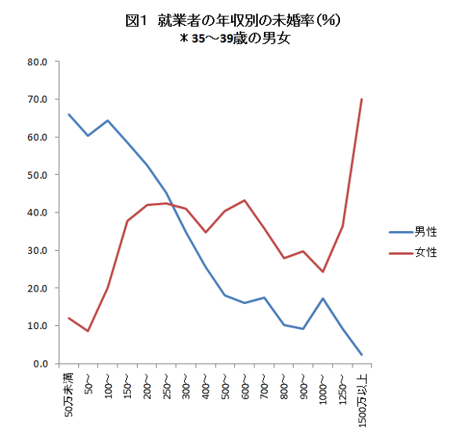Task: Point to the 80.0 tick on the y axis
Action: (x=38, y=62)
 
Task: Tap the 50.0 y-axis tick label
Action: (x=38, y=175)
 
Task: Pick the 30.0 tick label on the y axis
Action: (x=38, y=251)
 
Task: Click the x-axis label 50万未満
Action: (x=68, y=395)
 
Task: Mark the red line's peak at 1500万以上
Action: (x=362, y=100)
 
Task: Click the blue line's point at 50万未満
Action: (x=68, y=114)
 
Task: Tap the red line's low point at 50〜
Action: (x=88, y=331)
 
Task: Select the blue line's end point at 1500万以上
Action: (x=362, y=355)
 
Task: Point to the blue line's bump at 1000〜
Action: (x=323, y=299)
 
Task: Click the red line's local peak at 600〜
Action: (x=244, y=201)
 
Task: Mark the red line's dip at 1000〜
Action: (x=323, y=272)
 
